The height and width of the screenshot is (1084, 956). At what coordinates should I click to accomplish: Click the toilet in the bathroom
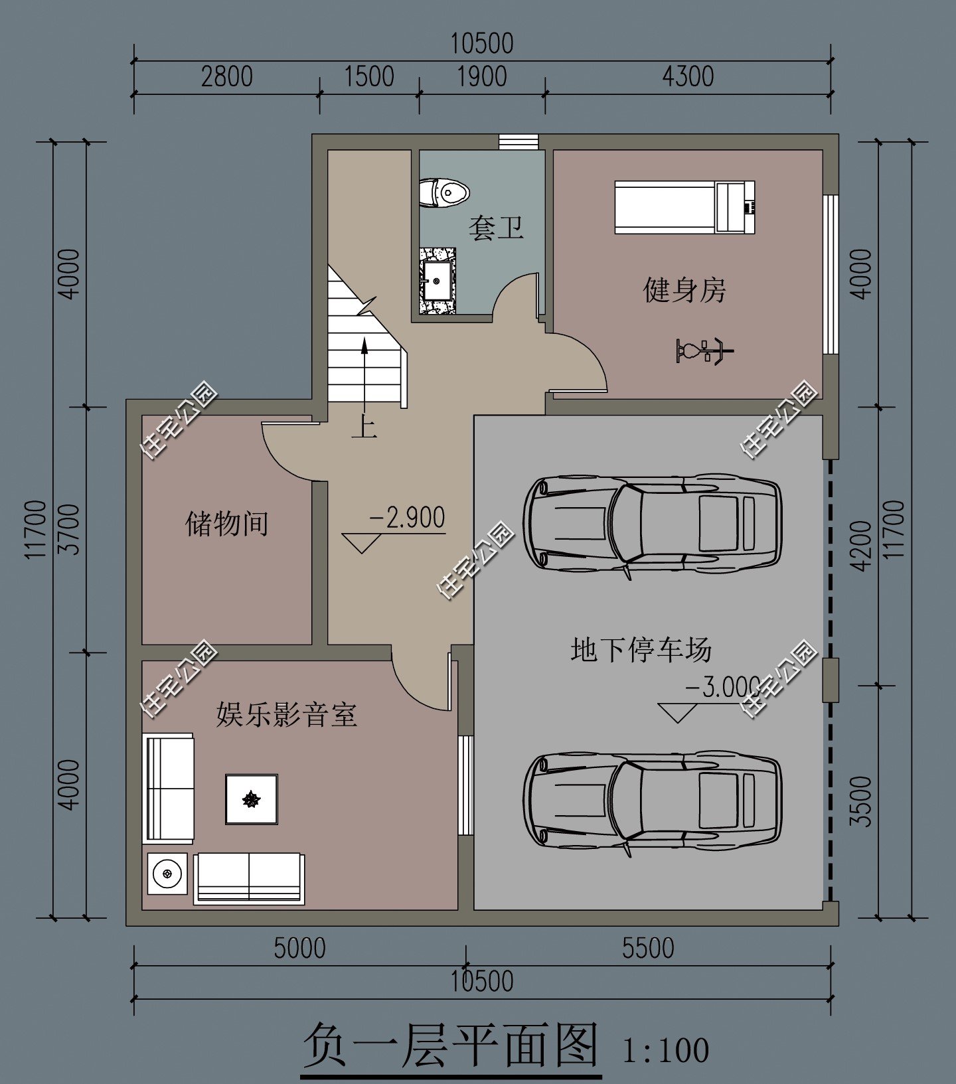coord(444,193)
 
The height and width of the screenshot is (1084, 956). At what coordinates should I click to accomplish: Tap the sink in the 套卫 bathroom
coord(438,281)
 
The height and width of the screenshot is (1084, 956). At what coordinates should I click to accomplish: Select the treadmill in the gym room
coord(684,207)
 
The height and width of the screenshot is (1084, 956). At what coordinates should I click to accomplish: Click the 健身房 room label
coord(684,290)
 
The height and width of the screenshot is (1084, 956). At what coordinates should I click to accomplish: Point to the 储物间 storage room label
coord(226,524)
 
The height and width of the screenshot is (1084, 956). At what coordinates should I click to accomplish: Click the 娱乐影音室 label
coord(286,715)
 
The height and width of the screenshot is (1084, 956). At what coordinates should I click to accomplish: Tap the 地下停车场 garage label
coord(641,650)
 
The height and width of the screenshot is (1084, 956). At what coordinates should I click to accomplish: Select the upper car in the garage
coord(652,523)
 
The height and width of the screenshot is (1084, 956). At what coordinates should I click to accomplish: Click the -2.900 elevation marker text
coord(406,518)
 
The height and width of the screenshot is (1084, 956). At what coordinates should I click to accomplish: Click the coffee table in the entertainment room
coord(252,799)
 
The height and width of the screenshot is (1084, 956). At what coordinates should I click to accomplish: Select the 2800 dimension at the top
coord(226,77)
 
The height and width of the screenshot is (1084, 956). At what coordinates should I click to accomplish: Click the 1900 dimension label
coord(482,77)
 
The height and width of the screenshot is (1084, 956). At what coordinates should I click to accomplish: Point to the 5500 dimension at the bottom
coord(648,949)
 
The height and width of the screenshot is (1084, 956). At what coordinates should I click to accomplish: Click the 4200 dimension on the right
coord(862,546)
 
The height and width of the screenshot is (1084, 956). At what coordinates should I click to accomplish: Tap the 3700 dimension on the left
coord(69,529)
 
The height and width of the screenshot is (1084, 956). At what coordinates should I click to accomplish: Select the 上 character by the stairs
coord(364,426)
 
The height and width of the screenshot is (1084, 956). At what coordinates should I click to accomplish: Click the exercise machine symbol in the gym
coord(704,350)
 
